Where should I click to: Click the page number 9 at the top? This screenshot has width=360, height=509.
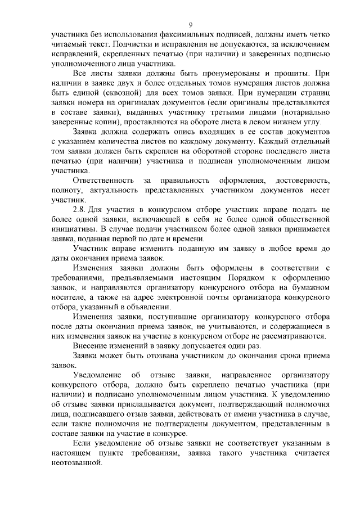click(191, 24)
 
